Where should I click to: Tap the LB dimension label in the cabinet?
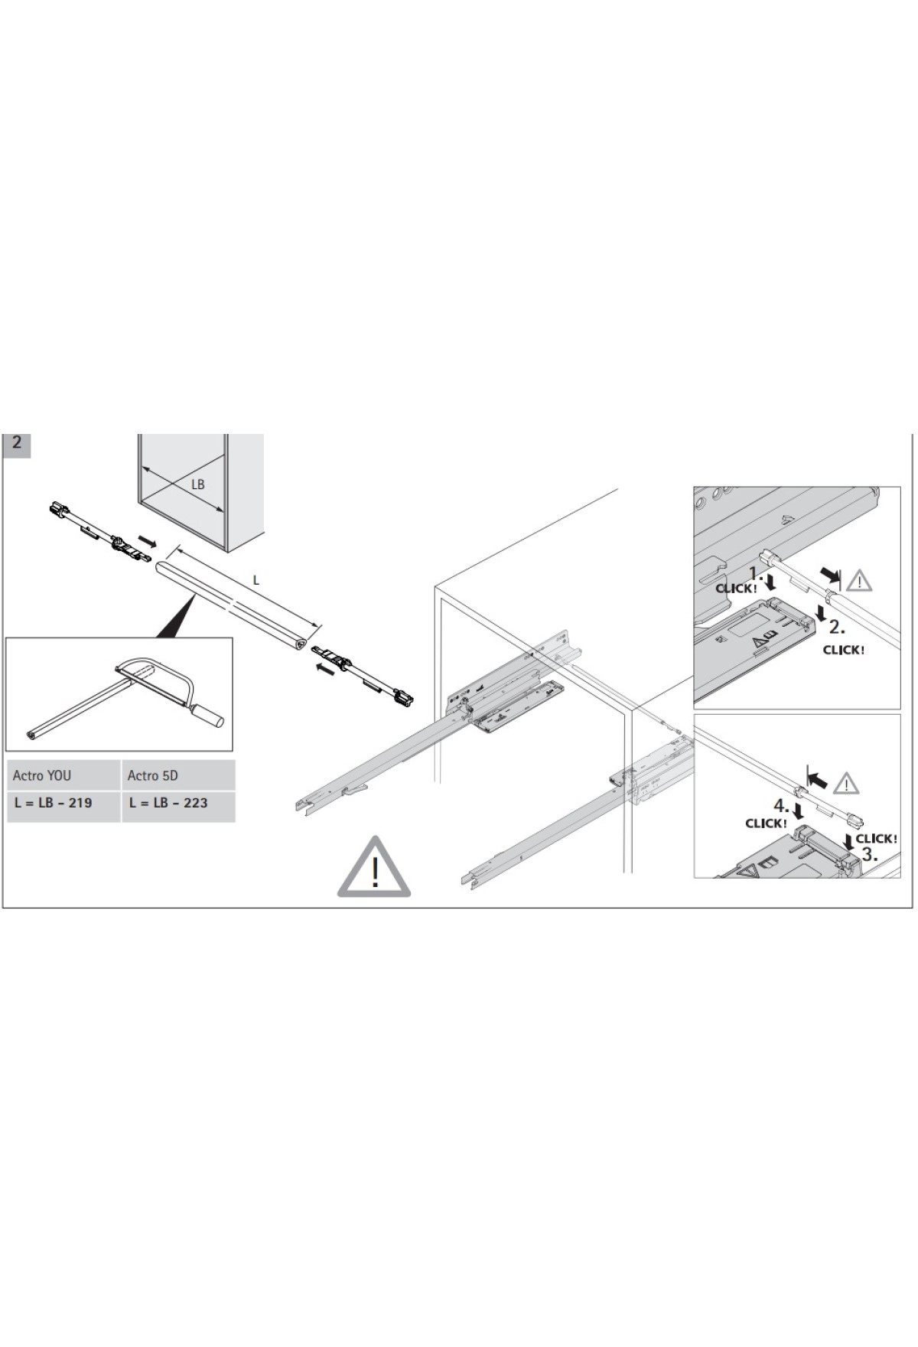[x=197, y=485]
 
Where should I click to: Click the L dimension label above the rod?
[x=256, y=581]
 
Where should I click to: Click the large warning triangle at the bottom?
[x=374, y=869]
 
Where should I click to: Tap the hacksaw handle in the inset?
[x=207, y=718]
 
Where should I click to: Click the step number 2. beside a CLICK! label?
[x=836, y=627]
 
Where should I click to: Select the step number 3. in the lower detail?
[x=869, y=855]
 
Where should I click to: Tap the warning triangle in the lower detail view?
[x=845, y=784]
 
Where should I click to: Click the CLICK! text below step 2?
[x=843, y=650]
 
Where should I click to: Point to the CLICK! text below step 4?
[x=766, y=824]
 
